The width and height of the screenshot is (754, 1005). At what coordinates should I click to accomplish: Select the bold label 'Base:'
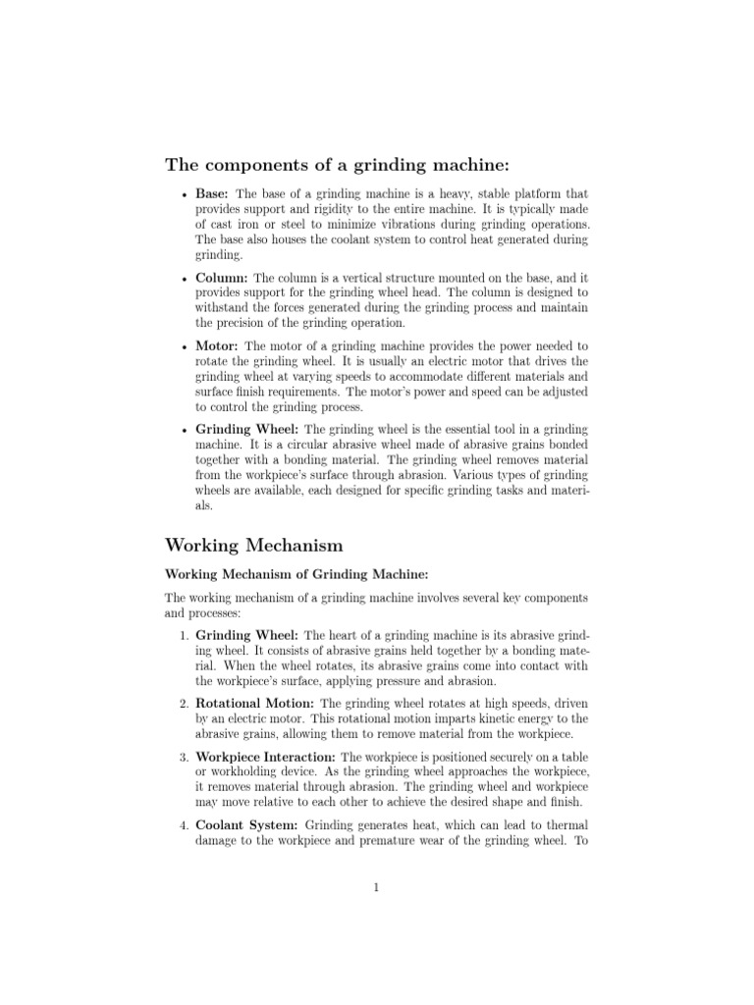click(x=212, y=194)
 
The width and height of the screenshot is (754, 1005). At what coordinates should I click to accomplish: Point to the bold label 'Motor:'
click(x=217, y=346)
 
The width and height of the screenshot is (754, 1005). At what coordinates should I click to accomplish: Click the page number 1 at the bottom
click(x=376, y=888)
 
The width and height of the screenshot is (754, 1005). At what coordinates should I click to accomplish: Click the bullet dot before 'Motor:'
click(x=185, y=347)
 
